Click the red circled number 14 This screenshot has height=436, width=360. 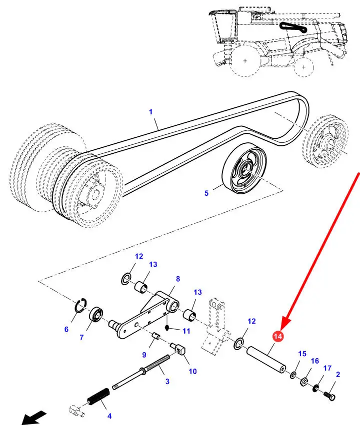point(278,336)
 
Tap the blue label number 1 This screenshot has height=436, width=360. point(150,112)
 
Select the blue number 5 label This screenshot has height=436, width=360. point(206,193)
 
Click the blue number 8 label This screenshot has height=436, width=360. point(178,279)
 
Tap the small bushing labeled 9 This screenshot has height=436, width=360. point(155,337)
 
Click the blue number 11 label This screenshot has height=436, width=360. point(186,331)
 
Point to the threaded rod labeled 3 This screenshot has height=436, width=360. point(141,371)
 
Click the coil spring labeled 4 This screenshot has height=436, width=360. point(98,396)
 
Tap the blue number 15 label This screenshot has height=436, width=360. point(302,354)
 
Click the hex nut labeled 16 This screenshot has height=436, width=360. point(304,382)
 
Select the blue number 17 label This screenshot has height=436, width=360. point(327,368)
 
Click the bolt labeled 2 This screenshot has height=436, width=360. point(330,395)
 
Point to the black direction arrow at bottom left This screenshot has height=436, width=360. point(34,418)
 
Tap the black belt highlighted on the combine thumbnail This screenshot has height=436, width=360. point(293,27)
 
